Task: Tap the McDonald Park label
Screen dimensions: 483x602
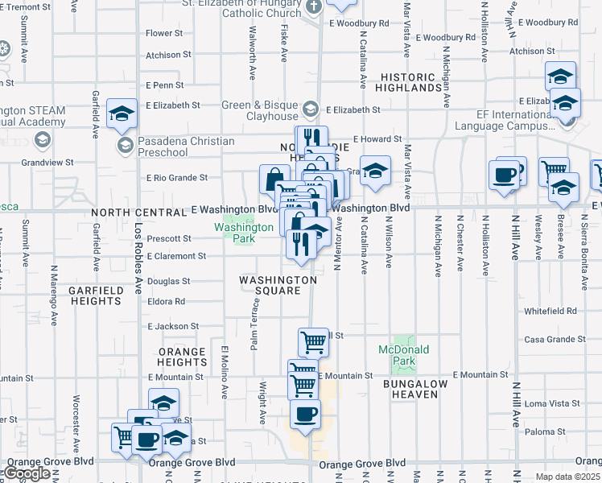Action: tap(405, 354)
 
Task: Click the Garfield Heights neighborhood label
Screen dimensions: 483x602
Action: tap(95, 295)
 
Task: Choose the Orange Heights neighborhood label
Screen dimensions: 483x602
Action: tap(183, 357)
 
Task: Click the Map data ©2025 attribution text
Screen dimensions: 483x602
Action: tap(567, 477)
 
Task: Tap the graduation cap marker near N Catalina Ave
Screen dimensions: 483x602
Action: tap(375, 171)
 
